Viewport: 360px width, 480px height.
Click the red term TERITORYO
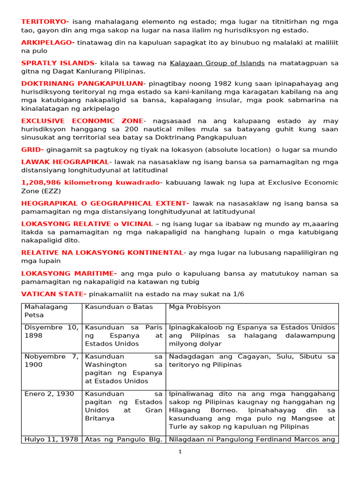(45, 22)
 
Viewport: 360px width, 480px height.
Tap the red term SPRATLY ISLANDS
(58, 63)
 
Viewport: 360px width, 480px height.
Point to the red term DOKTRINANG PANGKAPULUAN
(82, 83)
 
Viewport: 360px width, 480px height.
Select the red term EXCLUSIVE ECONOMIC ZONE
(82, 121)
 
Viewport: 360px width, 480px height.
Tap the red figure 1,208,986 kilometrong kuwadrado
(90, 182)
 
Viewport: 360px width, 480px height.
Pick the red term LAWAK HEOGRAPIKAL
(65, 162)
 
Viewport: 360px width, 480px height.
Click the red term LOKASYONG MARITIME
(69, 273)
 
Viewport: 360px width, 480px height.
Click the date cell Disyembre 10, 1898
(51, 331)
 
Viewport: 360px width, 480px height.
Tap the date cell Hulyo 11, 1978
(51, 439)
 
